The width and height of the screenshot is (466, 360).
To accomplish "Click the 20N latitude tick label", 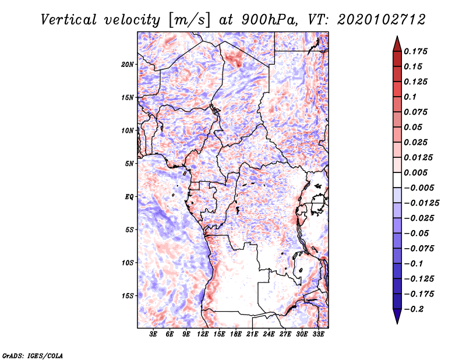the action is click(x=128, y=64).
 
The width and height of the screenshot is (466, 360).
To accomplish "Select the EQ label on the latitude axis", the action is click(x=129, y=196).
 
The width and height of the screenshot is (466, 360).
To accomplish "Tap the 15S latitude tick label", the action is click(x=128, y=296).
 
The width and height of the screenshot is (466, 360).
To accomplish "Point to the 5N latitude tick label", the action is click(x=129, y=164).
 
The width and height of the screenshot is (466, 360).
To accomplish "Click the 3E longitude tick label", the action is click(x=153, y=334).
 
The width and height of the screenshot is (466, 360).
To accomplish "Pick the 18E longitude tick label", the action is click(x=236, y=334).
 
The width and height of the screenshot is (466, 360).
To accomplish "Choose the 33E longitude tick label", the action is click(x=318, y=334).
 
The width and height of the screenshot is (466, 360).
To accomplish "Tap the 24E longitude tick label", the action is click(x=269, y=334).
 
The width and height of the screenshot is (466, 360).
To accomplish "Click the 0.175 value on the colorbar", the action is click(x=415, y=51).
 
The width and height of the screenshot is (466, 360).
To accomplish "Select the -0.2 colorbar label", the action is click(x=414, y=309).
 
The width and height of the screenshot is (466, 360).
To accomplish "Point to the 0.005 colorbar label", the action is click(x=415, y=172).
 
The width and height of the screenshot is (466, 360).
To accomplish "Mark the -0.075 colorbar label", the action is click(x=419, y=249).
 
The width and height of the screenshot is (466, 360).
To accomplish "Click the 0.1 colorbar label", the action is click(x=410, y=97).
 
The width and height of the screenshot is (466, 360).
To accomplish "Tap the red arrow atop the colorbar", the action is click(x=397, y=44).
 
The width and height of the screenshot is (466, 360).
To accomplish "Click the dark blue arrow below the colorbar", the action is click(x=397, y=316).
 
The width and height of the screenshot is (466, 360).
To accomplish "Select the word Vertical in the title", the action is click(x=69, y=20).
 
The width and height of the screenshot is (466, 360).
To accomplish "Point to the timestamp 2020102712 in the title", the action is click(x=382, y=20).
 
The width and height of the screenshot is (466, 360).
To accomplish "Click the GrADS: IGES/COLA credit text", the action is click(x=33, y=355).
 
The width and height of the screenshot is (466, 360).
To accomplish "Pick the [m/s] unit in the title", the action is click(x=190, y=20).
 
